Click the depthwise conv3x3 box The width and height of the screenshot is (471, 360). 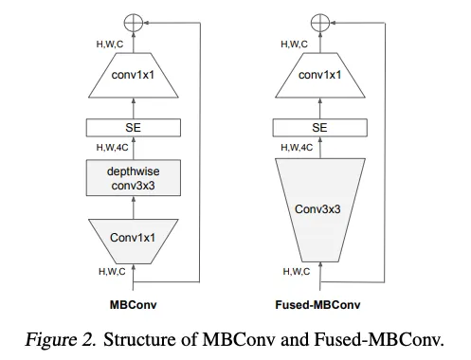133,178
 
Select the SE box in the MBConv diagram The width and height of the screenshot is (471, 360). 133,127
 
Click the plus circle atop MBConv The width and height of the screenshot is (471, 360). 133,20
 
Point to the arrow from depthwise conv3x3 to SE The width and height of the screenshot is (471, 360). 133,149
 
